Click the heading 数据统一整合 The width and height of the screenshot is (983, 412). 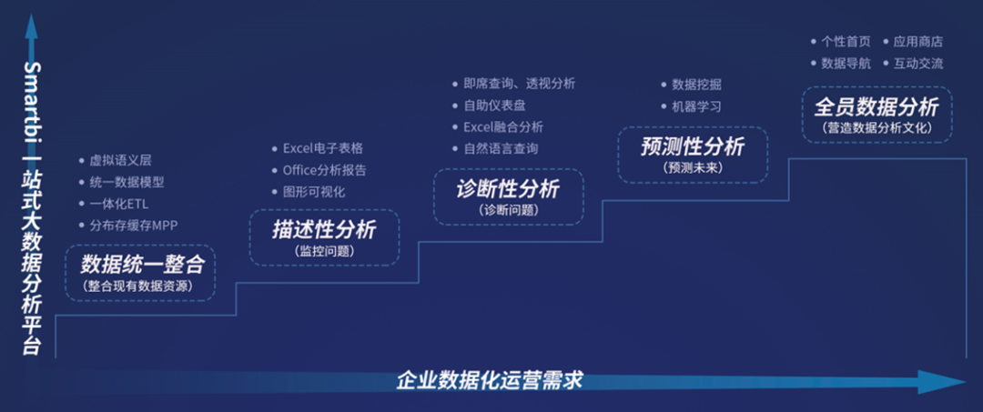click(140, 265)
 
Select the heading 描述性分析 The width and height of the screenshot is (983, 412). click(323, 229)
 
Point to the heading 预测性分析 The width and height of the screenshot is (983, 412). click(692, 146)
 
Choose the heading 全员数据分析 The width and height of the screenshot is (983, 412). click(876, 107)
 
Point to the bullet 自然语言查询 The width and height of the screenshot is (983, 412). click(501, 148)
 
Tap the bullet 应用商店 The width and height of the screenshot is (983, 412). click(918, 41)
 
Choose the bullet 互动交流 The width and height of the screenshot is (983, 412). click(918, 64)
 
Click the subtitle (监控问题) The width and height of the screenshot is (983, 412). click(323, 250)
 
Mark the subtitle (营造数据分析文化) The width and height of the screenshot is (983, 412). click(876, 128)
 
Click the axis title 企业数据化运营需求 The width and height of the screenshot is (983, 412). click(490, 379)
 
